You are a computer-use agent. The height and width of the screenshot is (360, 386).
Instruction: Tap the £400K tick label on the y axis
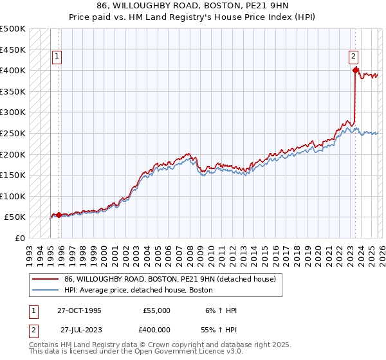(13, 70)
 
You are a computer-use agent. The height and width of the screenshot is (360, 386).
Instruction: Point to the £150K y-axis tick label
(13, 175)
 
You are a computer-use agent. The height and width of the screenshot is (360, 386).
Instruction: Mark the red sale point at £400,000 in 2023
(355, 70)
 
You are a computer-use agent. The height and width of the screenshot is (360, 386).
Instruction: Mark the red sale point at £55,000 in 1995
(59, 215)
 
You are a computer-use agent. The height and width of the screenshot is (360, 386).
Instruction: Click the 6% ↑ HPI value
(221, 310)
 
